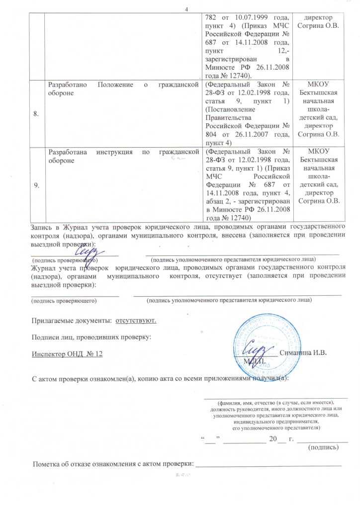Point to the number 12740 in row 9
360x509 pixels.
point(239,217)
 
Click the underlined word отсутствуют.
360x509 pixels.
point(136,320)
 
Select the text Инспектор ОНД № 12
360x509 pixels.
point(67,353)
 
